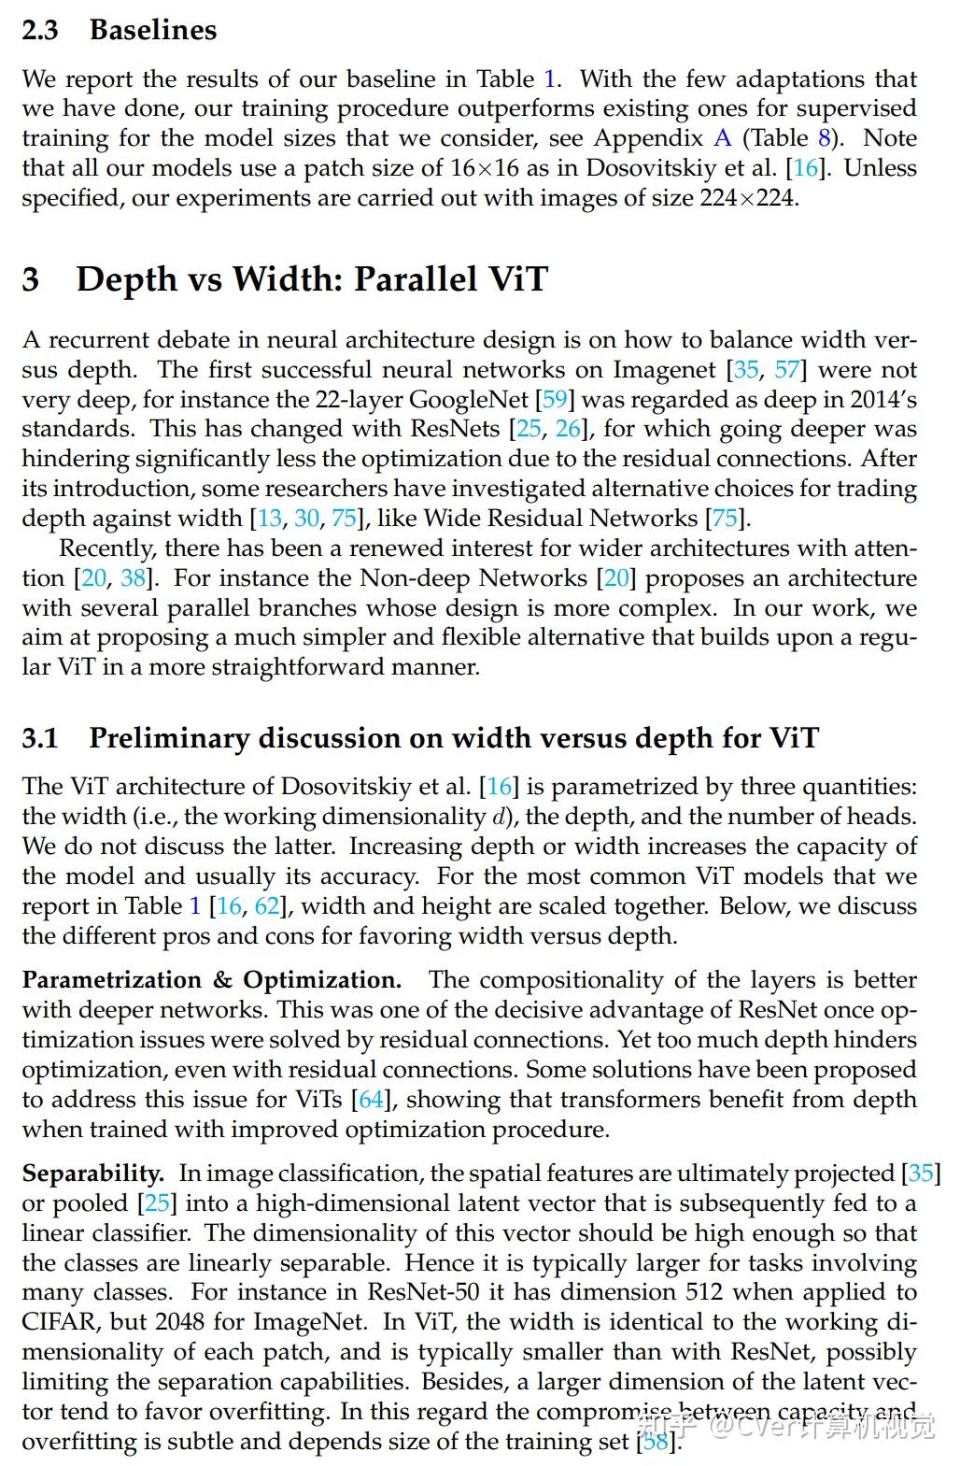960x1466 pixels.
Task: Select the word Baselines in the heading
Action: point(153,30)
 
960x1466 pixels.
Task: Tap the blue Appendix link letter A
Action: point(722,138)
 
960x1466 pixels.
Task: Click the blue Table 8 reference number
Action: point(824,138)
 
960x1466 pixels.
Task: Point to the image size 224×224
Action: point(748,198)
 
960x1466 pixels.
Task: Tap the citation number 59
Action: point(555,400)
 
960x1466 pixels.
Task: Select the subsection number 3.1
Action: point(40,738)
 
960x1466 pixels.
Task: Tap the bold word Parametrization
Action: point(112,980)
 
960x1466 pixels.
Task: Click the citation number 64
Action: point(372,1100)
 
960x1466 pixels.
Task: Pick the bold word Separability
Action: point(92,1174)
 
